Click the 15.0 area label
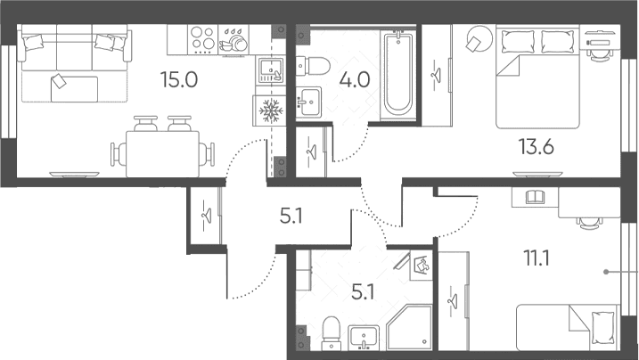point(179,79)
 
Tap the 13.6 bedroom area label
point(536,147)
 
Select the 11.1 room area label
point(537,258)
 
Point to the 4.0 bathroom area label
point(355,79)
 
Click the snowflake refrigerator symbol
point(268,110)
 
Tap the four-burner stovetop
point(202,39)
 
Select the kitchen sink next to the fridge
point(270,70)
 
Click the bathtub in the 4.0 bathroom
point(398,74)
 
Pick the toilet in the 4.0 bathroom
point(313,66)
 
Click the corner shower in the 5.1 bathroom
point(409,328)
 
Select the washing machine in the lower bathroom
point(421,266)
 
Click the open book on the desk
point(535,198)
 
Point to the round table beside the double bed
point(479,38)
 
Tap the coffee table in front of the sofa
point(74,89)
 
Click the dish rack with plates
point(233,40)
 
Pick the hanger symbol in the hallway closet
point(207,215)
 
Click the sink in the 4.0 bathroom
point(308,102)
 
